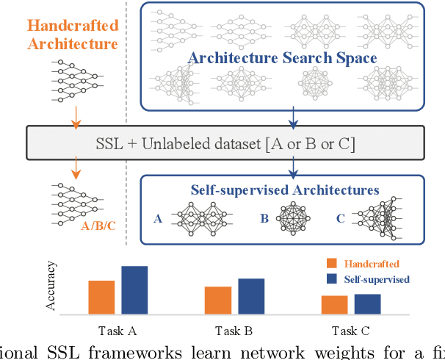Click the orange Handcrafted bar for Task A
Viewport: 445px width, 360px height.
pyautogui.click(x=101, y=297)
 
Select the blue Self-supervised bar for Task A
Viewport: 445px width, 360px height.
pyautogui.click(x=134, y=289)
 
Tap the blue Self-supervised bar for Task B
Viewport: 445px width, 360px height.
pyautogui.click(x=250, y=296)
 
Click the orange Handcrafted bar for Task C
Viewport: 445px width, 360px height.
pyautogui.click(x=334, y=304)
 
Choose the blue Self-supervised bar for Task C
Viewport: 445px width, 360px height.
pyautogui.click(x=367, y=303)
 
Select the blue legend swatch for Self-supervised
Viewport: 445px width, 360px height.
pyautogui.click(x=330, y=278)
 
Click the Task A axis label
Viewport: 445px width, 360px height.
pyautogui.click(x=117, y=330)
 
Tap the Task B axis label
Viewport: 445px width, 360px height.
pyautogui.click(x=234, y=330)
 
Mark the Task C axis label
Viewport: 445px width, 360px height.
pyautogui.click(x=350, y=330)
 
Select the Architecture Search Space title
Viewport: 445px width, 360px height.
pyautogui.click(x=283, y=58)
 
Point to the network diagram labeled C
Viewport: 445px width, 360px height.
pyautogui.click(x=382, y=217)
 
